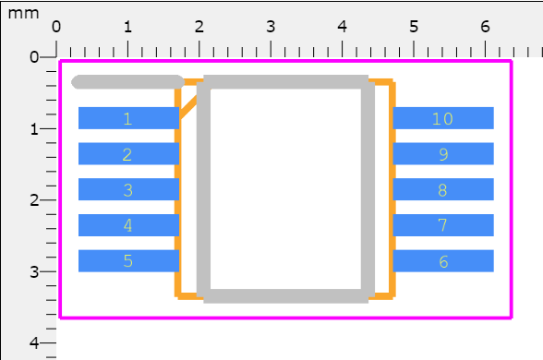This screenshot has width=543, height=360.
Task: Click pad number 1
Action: [128, 118]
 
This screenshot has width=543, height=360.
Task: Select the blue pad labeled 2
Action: [128, 154]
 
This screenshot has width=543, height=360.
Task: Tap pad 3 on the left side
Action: [128, 190]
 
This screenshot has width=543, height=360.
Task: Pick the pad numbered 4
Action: [128, 225]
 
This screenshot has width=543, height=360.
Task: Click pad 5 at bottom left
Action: [128, 261]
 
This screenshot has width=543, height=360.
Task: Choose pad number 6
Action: [443, 261]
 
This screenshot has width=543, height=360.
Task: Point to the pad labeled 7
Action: [443, 225]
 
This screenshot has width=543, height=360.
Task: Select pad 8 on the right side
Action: [443, 190]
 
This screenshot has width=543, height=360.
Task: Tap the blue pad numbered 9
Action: [443, 154]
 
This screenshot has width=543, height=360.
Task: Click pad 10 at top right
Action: [443, 118]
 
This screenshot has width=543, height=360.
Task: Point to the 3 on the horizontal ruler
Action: [271, 26]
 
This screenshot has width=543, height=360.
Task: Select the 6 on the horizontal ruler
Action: [485, 26]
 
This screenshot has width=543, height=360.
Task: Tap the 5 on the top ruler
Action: [414, 26]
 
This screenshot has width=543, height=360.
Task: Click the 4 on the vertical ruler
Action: [34, 342]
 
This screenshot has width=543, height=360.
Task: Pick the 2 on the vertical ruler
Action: [34, 200]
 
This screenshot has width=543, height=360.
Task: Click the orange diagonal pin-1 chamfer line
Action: [188, 107]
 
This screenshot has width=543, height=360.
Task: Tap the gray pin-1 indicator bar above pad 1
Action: [127, 82]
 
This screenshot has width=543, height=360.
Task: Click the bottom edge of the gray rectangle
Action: [283, 295]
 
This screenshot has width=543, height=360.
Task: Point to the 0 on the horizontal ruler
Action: [56, 26]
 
